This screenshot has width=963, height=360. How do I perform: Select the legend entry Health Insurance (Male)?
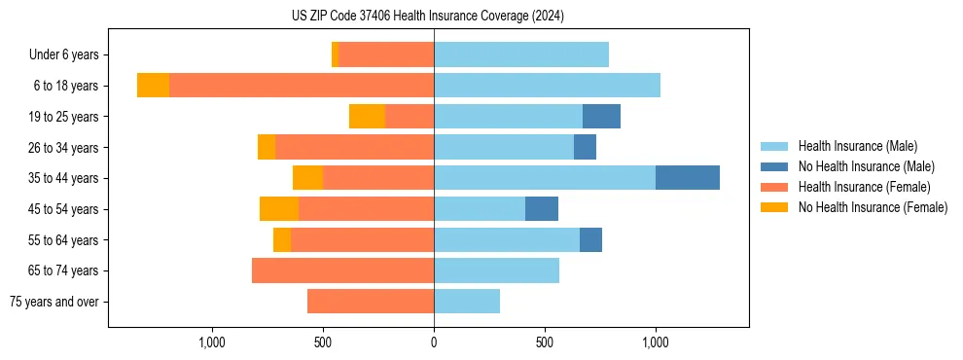point(857,146)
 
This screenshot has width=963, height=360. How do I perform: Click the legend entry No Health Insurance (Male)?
point(866,166)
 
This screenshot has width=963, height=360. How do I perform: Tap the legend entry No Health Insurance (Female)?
point(873,207)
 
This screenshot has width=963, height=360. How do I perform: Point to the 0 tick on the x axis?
point(434,342)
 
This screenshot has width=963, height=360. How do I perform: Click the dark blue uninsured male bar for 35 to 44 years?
point(688,178)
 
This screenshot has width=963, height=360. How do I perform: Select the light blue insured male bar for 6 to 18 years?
point(547,86)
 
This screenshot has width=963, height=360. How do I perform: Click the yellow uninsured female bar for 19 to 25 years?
point(367,117)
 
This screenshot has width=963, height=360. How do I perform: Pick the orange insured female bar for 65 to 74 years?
point(342,270)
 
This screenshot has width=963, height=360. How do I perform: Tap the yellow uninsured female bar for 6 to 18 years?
point(153,86)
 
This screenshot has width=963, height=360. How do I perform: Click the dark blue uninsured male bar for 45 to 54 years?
point(542,209)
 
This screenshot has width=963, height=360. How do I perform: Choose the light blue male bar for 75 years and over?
point(467,302)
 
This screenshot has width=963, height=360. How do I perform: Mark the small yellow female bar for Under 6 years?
point(335,54)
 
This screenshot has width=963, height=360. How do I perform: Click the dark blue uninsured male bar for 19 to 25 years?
point(601,117)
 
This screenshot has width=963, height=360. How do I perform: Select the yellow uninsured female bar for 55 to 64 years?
point(282,239)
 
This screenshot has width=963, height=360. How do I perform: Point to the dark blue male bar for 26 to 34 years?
point(585,147)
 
